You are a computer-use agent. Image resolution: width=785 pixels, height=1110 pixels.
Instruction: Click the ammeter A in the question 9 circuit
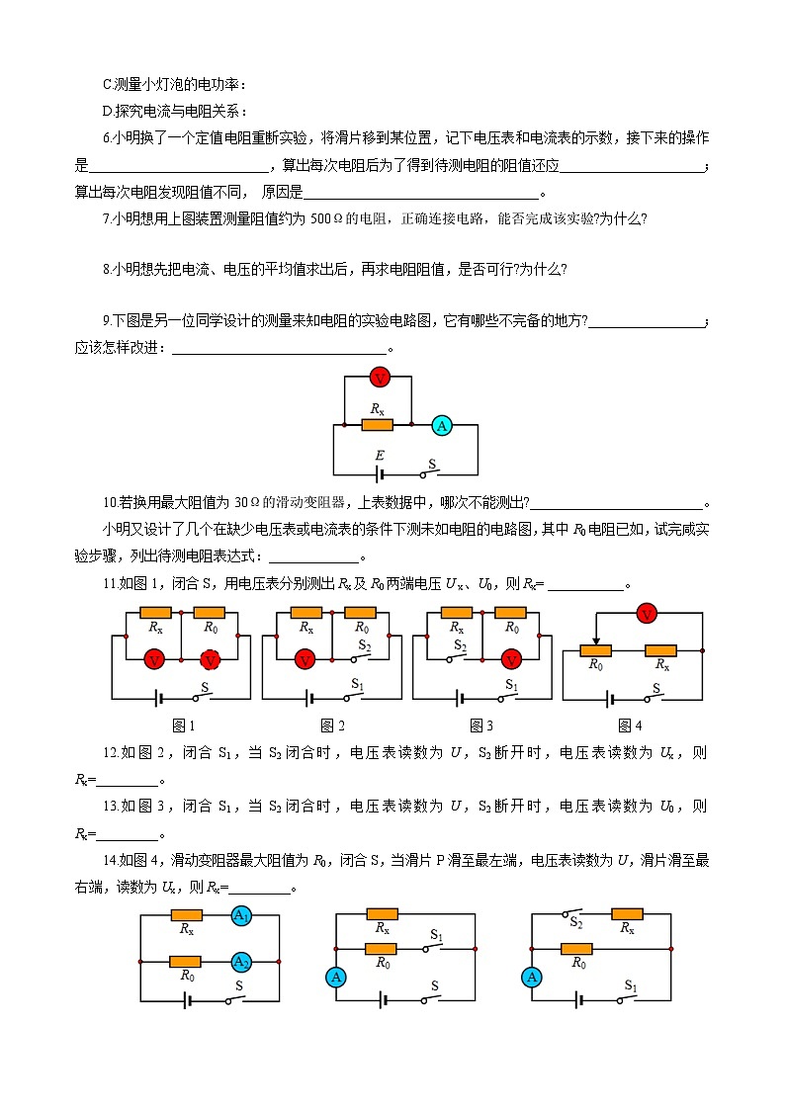(442, 425)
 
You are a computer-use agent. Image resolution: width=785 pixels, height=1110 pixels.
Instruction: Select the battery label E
(378, 456)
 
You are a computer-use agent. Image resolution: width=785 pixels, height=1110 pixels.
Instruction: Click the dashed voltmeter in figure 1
(211, 659)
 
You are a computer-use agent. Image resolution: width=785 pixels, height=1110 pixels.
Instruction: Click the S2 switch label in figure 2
(364, 645)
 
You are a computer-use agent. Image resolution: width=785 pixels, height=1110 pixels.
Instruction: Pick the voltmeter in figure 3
(511, 659)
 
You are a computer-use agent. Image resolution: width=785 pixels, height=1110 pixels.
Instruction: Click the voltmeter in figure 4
(647, 614)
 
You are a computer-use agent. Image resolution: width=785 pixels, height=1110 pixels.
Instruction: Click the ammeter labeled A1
(240, 916)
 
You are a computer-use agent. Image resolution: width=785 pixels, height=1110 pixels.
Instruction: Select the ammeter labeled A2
(240, 961)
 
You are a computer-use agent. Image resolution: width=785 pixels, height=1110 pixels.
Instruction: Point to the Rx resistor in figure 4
(660, 650)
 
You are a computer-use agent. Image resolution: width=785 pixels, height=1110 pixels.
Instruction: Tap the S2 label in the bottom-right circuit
(575, 922)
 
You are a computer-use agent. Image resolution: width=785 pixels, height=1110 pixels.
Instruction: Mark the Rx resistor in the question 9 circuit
(377, 425)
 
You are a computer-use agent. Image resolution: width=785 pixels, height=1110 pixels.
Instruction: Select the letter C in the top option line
(108, 85)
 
